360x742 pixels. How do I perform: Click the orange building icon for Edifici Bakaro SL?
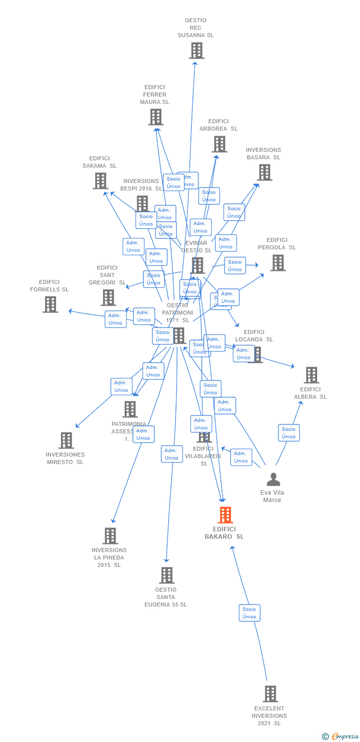click(x=225, y=515)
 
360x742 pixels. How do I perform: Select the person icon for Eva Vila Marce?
click(x=273, y=479)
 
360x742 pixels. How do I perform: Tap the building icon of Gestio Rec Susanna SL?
click(x=196, y=50)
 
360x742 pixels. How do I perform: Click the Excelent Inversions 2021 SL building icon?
click(x=270, y=694)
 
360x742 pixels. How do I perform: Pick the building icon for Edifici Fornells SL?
click(x=50, y=304)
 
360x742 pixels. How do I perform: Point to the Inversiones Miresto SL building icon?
click(x=66, y=440)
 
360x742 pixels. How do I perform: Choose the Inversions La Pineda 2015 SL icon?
click(x=110, y=536)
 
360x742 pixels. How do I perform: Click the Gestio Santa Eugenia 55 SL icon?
click(x=167, y=575)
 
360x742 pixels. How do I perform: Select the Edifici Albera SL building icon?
click(x=311, y=375)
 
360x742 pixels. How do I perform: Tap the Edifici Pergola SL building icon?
click(x=278, y=263)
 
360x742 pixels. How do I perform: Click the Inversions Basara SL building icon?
click(x=265, y=172)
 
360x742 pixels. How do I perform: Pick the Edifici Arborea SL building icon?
click(x=220, y=144)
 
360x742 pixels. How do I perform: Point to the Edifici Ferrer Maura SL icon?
click(x=155, y=117)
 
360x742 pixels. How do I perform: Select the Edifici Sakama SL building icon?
click(x=100, y=181)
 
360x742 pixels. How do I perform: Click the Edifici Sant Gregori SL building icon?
click(x=108, y=297)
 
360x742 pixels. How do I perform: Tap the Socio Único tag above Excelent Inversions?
click(x=249, y=613)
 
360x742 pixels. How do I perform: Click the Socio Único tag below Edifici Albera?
click(x=289, y=433)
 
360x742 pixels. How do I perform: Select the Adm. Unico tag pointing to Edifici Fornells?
click(x=115, y=319)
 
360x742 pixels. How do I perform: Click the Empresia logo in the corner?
click(x=341, y=737)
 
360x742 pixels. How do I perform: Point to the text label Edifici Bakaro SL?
click(x=225, y=533)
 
